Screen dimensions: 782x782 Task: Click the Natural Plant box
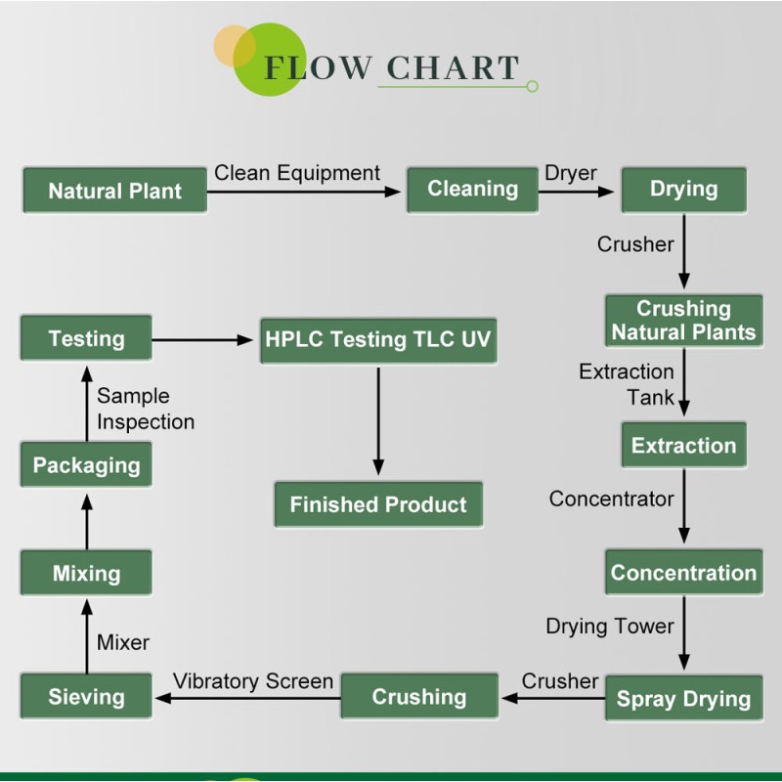tap(114, 191)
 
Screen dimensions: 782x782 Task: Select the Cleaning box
tap(472, 189)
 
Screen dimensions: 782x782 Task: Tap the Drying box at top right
tap(683, 189)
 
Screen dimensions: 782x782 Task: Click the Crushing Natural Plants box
tap(683, 321)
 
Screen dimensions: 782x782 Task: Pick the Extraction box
tap(683, 446)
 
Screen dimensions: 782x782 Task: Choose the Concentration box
tap(683, 573)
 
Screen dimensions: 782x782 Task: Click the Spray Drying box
tap(683, 699)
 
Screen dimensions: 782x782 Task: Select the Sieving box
tap(86, 697)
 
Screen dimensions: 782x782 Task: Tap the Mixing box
tap(86, 573)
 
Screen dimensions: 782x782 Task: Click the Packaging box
tap(86, 465)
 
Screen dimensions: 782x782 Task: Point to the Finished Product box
tap(378, 505)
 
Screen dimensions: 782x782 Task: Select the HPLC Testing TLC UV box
tap(378, 340)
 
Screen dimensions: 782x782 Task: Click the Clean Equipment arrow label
tap(297, 173)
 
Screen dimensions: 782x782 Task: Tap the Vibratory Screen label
tap(253, 680)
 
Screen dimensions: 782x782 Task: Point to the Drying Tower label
tap(610, 626)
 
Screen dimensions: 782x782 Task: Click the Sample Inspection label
tap(145, 409)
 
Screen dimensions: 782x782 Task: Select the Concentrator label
tap(611, 499)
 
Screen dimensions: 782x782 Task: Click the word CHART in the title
tap(453, 67)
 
